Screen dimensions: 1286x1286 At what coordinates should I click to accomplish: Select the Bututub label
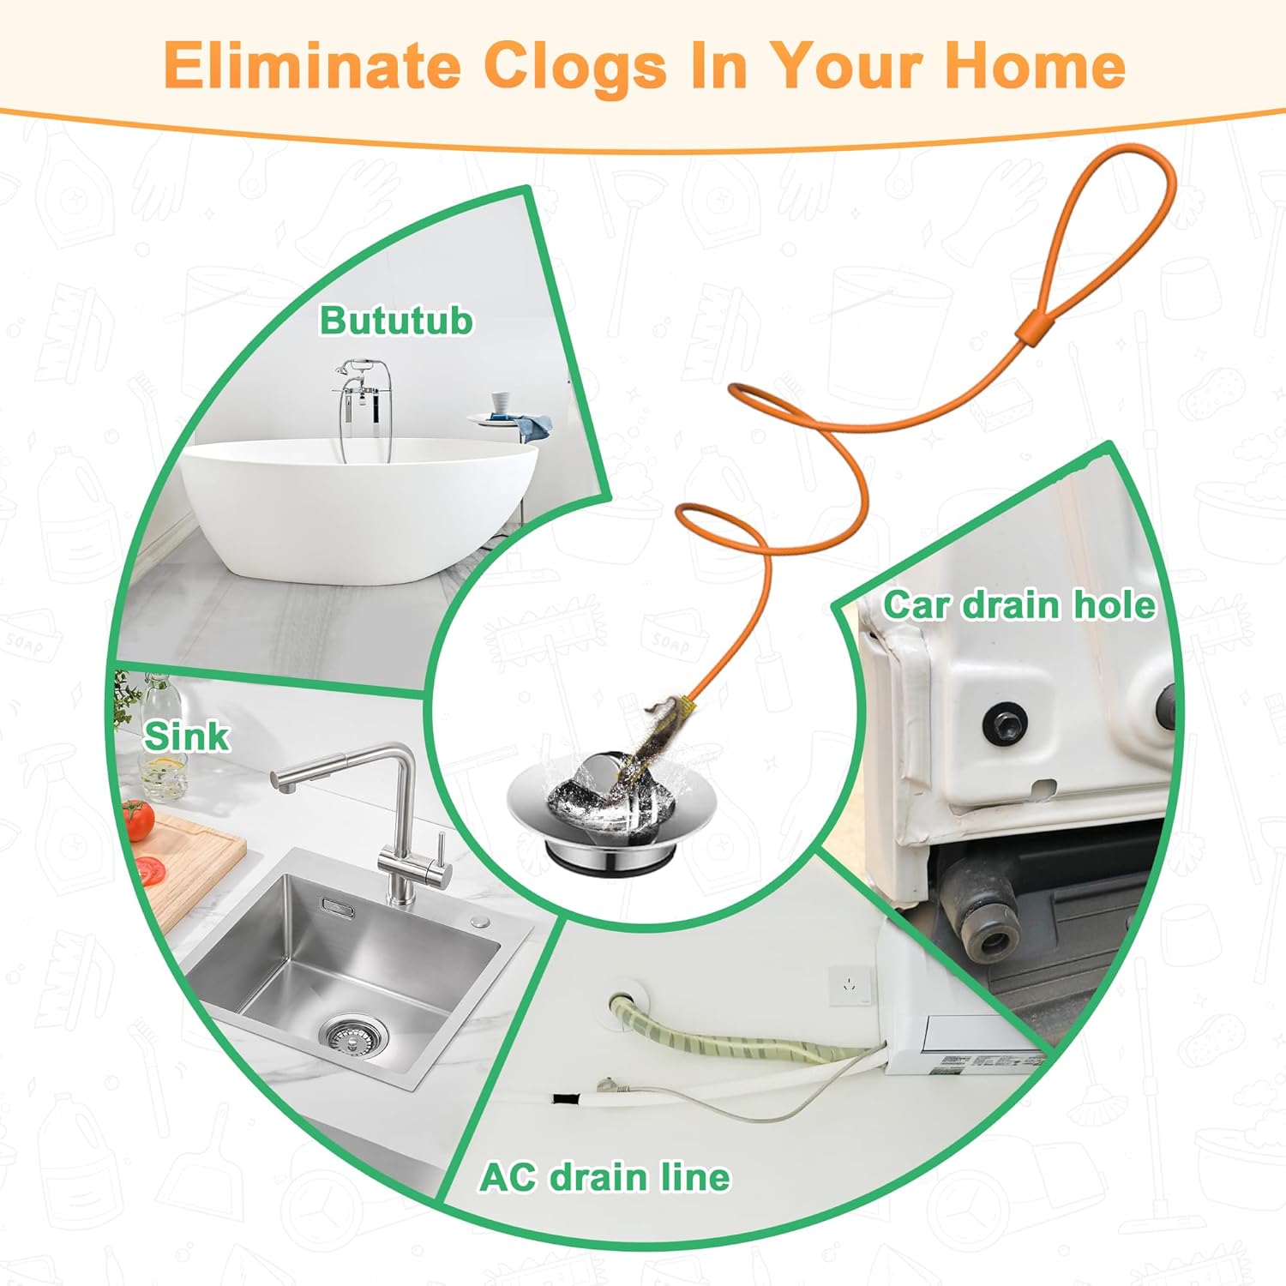point(396,321)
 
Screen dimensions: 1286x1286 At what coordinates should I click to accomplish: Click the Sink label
point(186,736)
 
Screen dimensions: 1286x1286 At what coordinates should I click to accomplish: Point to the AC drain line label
point(604,1176)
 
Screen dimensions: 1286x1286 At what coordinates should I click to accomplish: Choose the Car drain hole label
point(1019,604)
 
